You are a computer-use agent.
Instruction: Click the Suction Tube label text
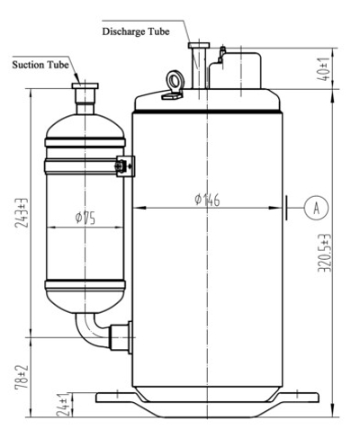(x=40, y=65)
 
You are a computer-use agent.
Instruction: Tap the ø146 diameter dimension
(x=209, y=200)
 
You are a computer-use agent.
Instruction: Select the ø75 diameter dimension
(x=85, y=218)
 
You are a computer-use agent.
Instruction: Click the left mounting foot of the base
(x=115, y=393)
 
